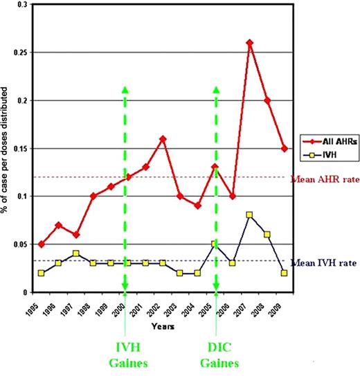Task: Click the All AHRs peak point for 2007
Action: [x=249, y=43]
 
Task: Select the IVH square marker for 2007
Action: [x=249, y=215]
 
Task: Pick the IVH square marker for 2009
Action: [x=285, y=273]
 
